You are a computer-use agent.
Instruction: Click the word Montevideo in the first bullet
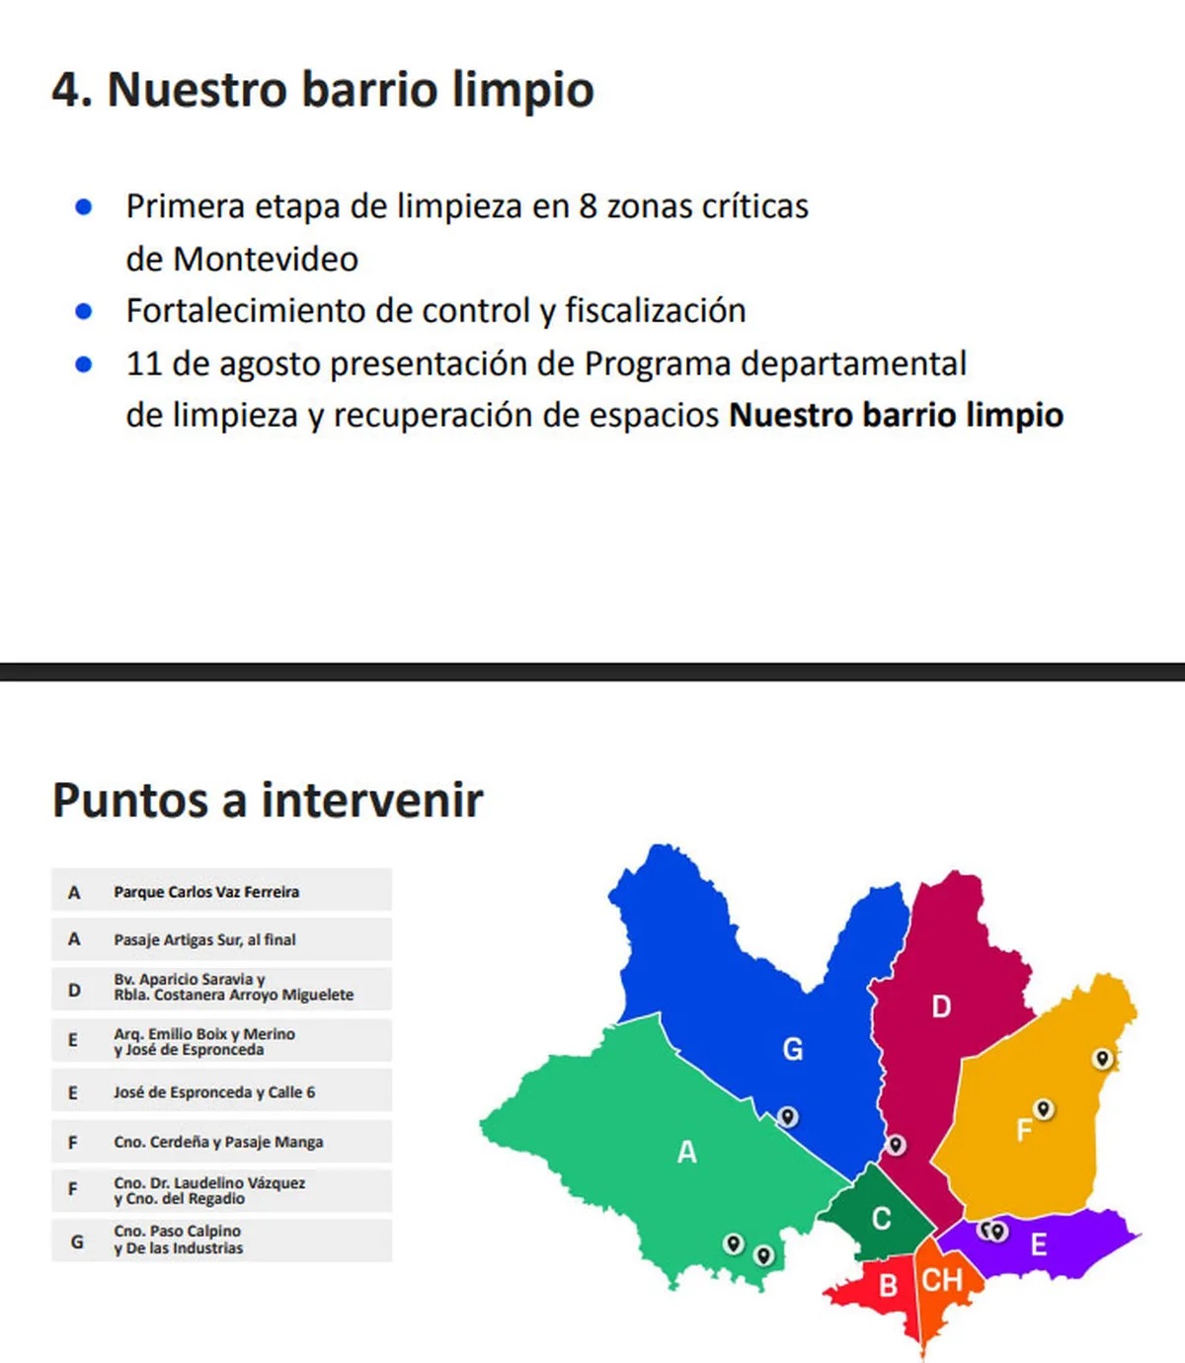pos(266,259)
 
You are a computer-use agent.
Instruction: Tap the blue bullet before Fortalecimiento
pos(84,311)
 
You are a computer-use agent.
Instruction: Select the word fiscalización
pos(655,311)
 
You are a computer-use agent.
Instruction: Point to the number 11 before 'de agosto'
pos(143,363)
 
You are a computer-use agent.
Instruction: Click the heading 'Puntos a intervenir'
pos(268,799)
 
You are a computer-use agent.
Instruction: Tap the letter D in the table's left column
pos(74,989)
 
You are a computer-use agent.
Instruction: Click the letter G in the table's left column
pos(76,1242)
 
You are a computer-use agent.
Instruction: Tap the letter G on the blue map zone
pos(793,1049)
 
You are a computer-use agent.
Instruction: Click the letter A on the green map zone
pos(687,1152)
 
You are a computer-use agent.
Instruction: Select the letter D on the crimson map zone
pos(941,1006)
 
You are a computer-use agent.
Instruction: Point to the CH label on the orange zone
pos(942,1281)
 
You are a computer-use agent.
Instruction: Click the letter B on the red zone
pos(888,1285)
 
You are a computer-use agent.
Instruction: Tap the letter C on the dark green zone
pos(881,1219)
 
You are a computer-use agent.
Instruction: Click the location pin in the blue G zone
pos(788,1116)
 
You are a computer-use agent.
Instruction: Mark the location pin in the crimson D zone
pos(896,1144)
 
